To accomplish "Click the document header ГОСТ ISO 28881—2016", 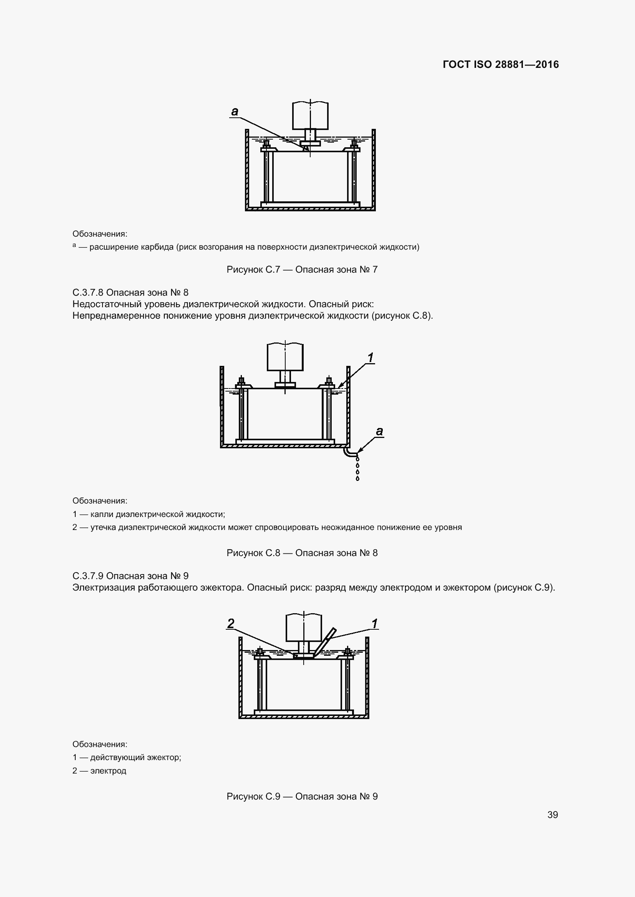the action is pyautogui.click(x=501, y=64).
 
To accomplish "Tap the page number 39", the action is pyautogui.click(x=552, y=815).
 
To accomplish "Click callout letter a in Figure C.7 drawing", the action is pyautogui.click(x=234, y=112).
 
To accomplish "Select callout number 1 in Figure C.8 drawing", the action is pyautogui.click(x=370, y=357).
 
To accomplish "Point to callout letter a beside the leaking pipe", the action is pyautogui.click(x=379, y=431).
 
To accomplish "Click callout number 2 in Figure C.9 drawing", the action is pyautogui.click(x=231, y=624).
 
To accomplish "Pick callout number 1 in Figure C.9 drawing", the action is pyautogui.click(x=375, y=624).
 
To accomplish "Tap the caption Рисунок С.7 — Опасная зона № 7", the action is pyautogui.click(x=302, y=270).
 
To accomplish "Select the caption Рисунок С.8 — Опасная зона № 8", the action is pyautogui.click(x=302, y=553).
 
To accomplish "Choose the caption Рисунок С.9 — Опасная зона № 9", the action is pyautogui.click(x=302, y=796).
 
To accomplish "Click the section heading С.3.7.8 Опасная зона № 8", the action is pyautogui.click(x=131, y=292).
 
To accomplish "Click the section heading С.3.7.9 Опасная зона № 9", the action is pyautogui.click(x=131, y=576).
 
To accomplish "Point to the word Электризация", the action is pyautogui.click(x=104, y=588).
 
